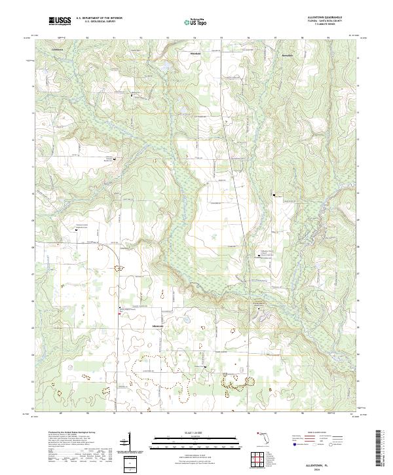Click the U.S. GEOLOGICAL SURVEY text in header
pos(99,23)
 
